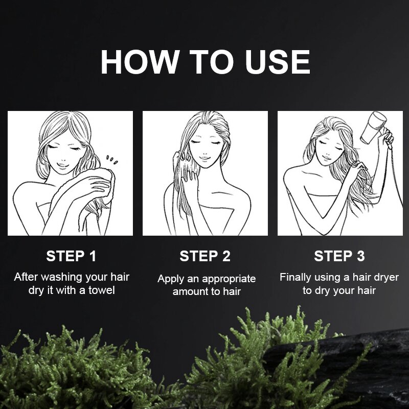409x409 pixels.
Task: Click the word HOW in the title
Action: pos(139,62)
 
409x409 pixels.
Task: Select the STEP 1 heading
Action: pos(71,256)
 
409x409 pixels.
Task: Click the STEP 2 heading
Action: pos(205,256)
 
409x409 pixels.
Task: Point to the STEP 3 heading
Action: pos(339,256)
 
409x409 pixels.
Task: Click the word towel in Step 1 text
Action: pos(101,290)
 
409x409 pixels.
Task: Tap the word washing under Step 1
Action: pos(62,277)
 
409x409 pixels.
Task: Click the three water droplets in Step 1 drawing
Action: pos(111,160)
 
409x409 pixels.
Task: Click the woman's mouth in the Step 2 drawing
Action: pos(205,158)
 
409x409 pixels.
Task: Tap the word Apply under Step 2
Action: pos(170,279)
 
